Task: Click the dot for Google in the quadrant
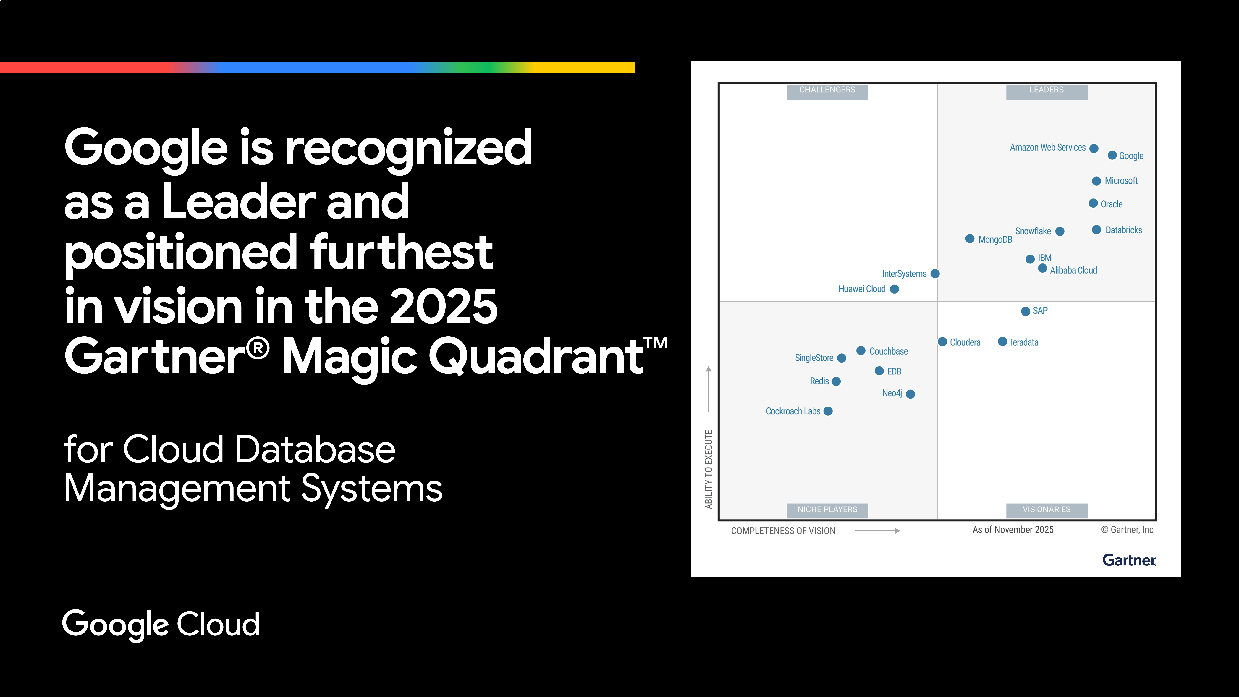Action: (x=1112, y=155)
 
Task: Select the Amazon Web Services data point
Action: (x=1094, y=148)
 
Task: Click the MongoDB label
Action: (x=995, y=240)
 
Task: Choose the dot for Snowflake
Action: (x=1060, y=231)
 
